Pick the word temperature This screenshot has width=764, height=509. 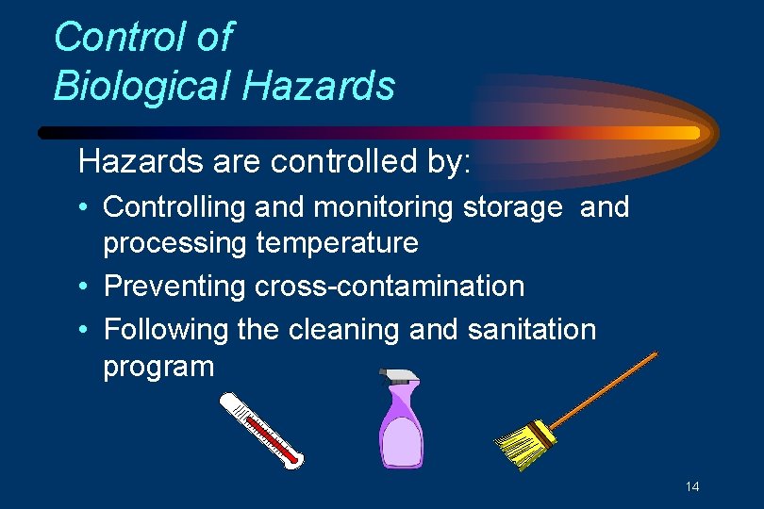click(x=337, y=243)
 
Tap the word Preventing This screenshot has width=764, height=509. click(x=175, y=286)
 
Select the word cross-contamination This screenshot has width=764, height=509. click(x=389, y=286)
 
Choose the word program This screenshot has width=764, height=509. click(x=158, y=367)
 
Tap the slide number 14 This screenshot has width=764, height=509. click(x=692, y=486)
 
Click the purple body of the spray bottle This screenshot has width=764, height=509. click(x=401, y=438)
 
